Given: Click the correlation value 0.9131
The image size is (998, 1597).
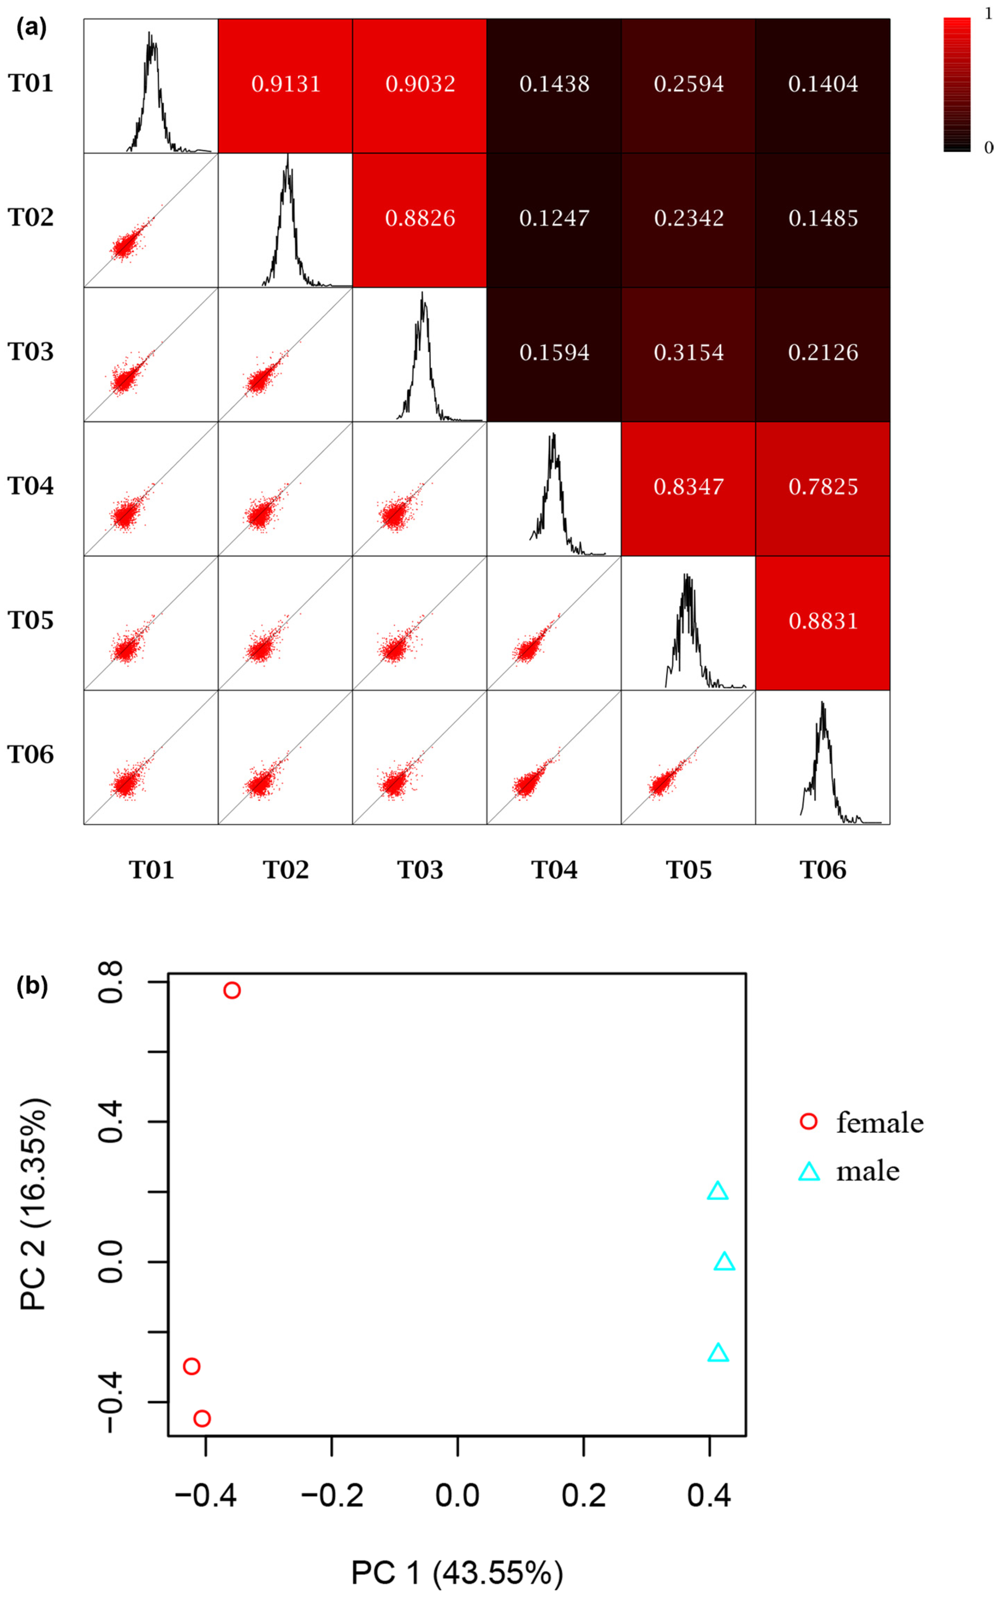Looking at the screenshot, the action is pyautogui.click(x=286, y=84).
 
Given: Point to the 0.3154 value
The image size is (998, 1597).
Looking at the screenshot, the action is pyautogui.click(x=689, y=352).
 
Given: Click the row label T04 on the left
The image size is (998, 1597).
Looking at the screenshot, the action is pyautogui.click(x=30, y=486).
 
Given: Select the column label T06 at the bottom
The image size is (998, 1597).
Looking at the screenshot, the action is pyautogui.click(x=823, y=870).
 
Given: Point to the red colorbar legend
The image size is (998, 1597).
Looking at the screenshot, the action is pyautogui.click(x=956, y=85).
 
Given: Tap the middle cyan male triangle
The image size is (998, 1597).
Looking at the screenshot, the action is pyautogui.click(x=724, y=1262).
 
